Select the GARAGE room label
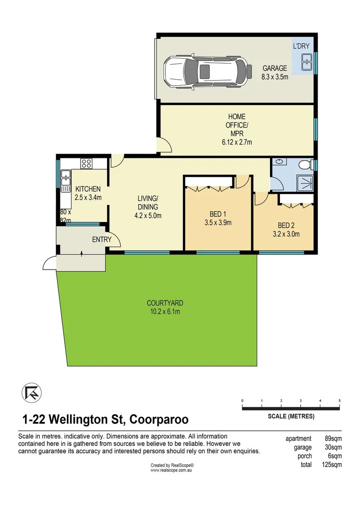pyautogui.click(x=275, y=68)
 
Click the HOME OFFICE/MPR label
pyautogui.click(x=237, y=125)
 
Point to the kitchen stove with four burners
pyautogui.click(x=86, y=164)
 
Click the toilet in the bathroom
pyautogui.click(x=305, y=165)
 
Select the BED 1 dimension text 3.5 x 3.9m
pyautogui.click(x=217, y=223)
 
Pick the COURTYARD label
pyautogui.click(x=164, y=303)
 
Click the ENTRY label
pyautogui.click(x=102, y=239)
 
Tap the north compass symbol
pyautogui.click(x=31, y=393)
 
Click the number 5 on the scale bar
pyautogui.click(x=339, y=401)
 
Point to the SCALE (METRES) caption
pyautogui.click(x=291, y=417)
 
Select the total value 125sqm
pyautogui.click(x=333, y=465)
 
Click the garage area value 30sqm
pyautogui.click(x=333, y=448)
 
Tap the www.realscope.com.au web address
pyautogui.click(x=172, y=470)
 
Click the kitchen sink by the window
pyautogui.click(x=65, y=180)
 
